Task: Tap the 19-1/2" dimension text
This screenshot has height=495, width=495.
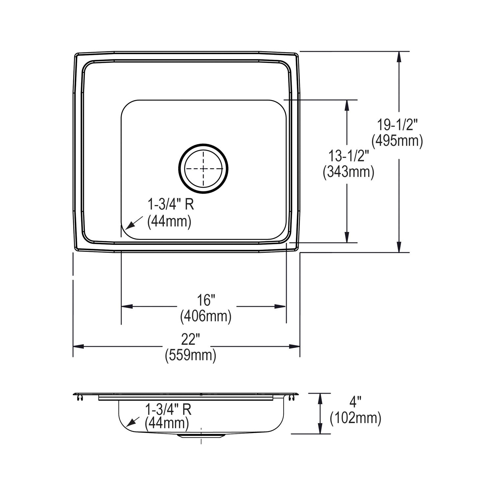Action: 397,125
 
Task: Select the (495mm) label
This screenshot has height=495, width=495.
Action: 397,141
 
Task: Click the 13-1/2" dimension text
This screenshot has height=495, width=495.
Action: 348,156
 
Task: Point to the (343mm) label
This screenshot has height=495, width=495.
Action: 348,172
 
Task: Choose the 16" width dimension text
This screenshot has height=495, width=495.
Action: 206,300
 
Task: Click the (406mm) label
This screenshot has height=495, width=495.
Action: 206,316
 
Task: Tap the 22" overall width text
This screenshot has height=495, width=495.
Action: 190,340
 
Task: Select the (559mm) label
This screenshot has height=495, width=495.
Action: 190,355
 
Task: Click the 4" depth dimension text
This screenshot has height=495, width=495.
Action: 355,402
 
